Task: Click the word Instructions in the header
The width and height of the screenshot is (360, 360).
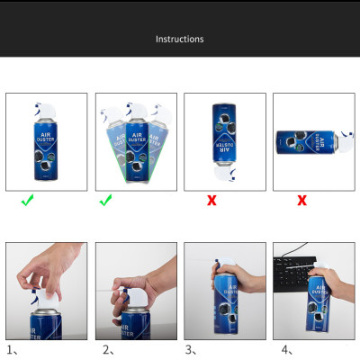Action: point(180,40)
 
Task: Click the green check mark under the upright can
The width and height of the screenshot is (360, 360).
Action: point(28,201)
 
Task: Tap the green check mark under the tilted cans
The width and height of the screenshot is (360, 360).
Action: point(105,201)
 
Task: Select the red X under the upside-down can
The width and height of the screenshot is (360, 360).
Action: point(211,201)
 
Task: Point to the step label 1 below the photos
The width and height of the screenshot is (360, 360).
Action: point(12,350)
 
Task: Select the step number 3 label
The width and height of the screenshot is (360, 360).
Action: point(191,350)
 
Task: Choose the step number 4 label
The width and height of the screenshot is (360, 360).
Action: point(285,350)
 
